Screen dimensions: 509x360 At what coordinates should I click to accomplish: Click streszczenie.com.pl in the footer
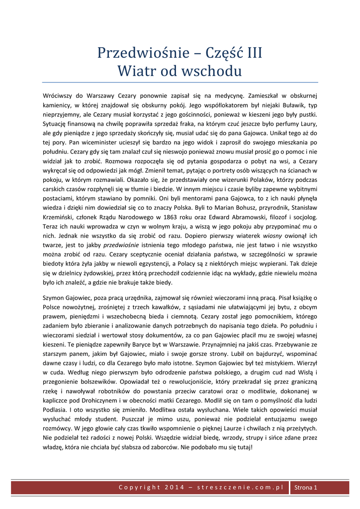coord(240,487)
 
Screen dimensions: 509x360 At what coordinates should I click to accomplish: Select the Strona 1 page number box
coord(305,487)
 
